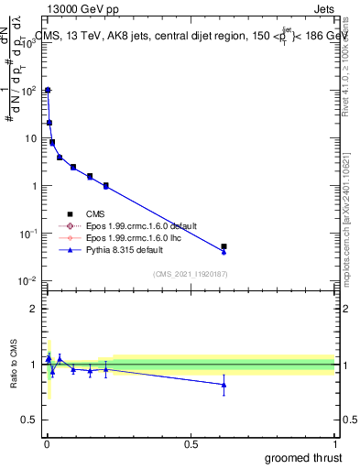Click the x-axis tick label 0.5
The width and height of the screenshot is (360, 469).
click(x=191, y=443)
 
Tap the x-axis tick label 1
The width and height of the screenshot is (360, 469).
click(x=333, y=443)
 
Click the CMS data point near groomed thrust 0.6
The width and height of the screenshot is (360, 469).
click(x=224, y=246)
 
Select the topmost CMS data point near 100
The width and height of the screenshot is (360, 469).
click(x=48, y=91)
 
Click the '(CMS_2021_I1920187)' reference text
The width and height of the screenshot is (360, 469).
click(x=189, y=274)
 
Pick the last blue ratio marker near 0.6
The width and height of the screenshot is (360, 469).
click(x=224, y=385)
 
